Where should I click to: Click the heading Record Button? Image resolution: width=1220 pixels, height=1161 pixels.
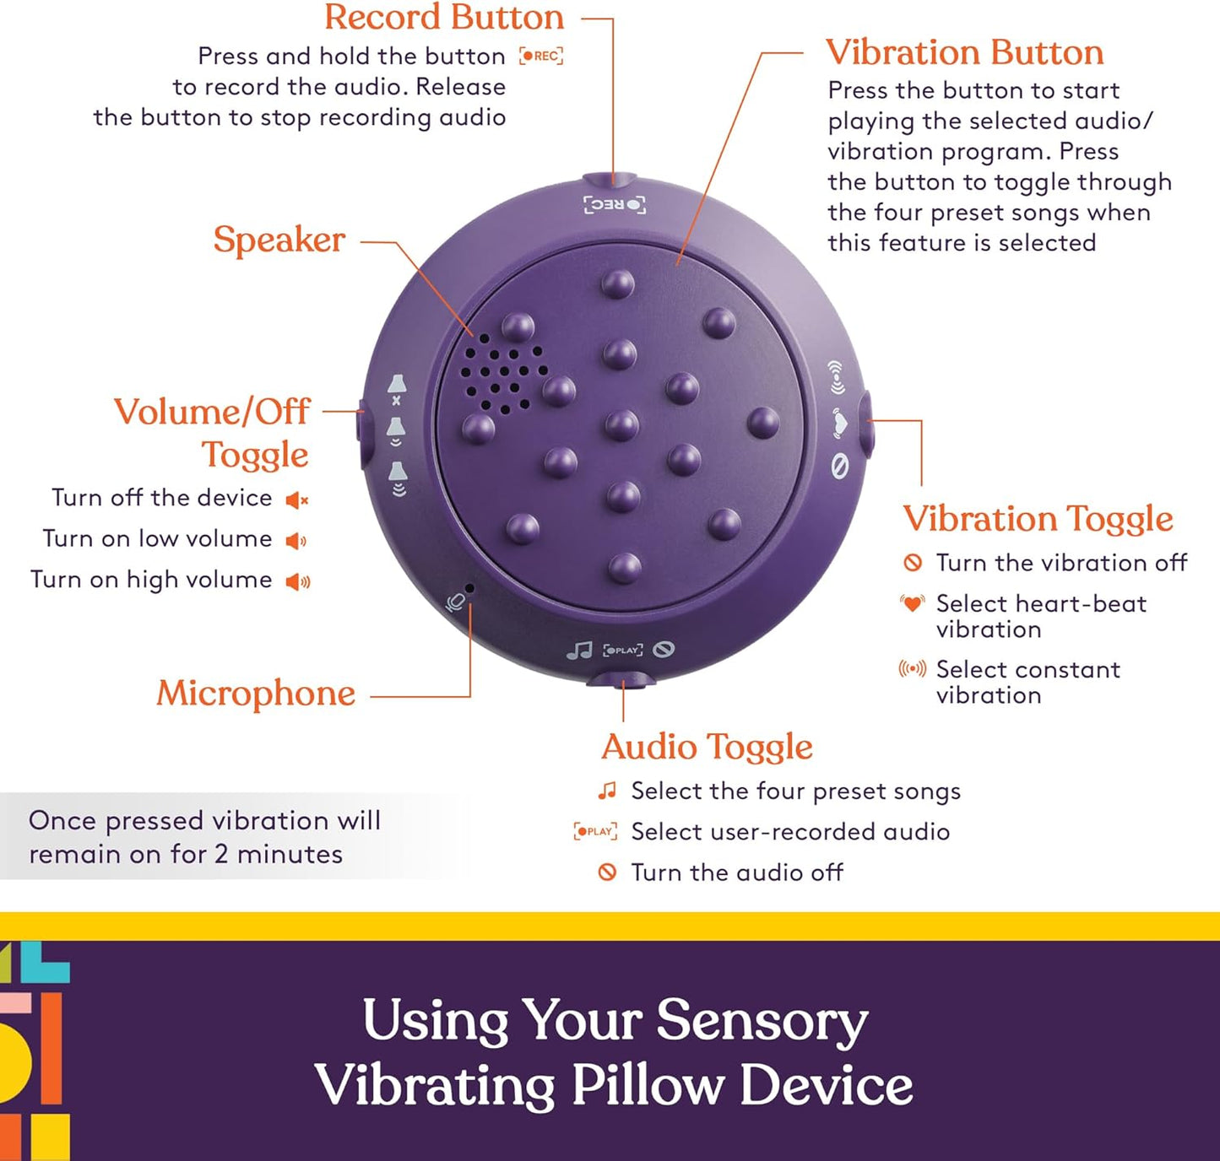444,18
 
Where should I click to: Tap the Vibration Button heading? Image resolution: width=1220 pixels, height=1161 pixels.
964,52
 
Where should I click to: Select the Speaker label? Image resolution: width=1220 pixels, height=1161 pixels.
279,240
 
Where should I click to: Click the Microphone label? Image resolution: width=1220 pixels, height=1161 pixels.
256,694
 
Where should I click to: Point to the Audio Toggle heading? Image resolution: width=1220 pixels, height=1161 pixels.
707,747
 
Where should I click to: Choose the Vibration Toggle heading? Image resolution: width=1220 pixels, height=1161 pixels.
1038,518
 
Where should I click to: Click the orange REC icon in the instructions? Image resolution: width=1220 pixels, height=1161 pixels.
540,57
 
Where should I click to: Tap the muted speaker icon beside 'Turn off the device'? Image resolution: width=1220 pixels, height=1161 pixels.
297,500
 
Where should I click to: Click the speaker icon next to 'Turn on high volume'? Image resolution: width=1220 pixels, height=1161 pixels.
298,581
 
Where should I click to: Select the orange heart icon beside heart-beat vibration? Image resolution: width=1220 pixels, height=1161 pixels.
912,603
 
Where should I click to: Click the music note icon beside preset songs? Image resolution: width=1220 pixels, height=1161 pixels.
607,791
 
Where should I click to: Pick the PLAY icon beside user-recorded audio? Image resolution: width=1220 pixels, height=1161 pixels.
595,831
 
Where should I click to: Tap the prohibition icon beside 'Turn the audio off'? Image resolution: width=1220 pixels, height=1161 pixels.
607,872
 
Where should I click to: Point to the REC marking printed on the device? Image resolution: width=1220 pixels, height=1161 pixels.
615,205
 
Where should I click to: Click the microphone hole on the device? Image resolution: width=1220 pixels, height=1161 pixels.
469,587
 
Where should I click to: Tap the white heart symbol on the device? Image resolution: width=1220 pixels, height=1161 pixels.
838,422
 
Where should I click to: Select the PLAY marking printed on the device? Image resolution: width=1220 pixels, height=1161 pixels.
623,651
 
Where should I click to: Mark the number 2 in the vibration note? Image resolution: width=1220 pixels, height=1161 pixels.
220,854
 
